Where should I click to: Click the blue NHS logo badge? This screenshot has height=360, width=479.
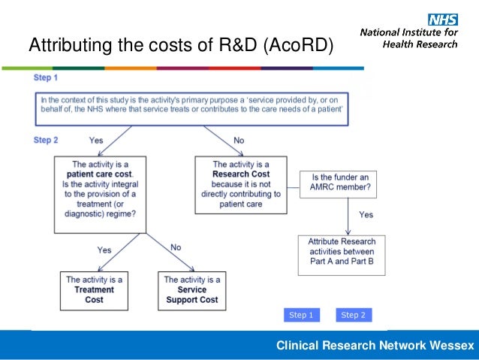click(x=442, y=20)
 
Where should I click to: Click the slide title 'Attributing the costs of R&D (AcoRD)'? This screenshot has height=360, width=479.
click(x=180, y=46)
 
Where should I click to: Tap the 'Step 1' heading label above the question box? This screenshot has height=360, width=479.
click(x=46, y=77)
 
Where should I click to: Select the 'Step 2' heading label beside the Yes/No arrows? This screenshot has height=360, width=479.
click(x=46, y=141)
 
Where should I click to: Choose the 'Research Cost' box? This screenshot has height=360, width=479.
click(x=241, y=183)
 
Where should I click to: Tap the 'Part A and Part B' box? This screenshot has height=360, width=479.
click(x=342, y=251)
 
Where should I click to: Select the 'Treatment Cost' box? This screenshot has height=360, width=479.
click(x=94, y=289)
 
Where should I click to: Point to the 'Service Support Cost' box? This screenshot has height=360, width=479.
click(x=191, y=289)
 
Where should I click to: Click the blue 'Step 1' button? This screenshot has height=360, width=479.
click(x=302, y=315)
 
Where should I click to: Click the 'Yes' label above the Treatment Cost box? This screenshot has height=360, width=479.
click(x=104, y=250)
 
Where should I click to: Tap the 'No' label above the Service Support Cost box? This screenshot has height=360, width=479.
click(x=176, y=247)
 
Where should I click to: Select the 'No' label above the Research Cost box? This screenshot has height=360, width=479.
click(x=239, y=141)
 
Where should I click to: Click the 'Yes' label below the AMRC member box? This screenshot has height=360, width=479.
click(x=365, y=214)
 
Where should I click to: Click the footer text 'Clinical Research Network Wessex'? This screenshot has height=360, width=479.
click(x=375, y=346)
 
